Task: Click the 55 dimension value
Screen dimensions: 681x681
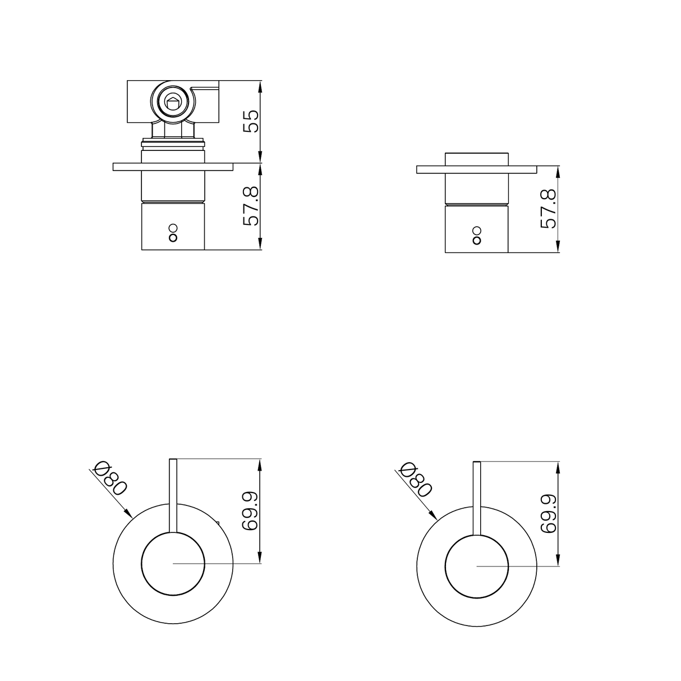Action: click(x=252, y=121)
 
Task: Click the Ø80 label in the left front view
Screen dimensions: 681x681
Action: click(x=112, y=477)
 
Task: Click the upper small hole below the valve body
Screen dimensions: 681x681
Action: click(x=173, y=228)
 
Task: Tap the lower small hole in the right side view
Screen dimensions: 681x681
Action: click(x=477, y=241)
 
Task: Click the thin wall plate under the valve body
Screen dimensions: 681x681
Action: click(x=173, y=167)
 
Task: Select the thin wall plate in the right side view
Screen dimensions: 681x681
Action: click(x=477, y=169)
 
